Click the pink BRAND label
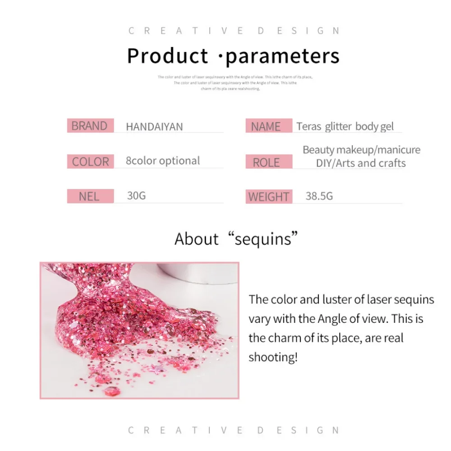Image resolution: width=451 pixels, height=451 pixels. [89, 126]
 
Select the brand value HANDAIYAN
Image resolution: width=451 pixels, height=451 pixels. [154, 127]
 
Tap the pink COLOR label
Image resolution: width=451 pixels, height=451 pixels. [90, 161]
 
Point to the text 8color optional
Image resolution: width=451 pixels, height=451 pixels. [163, 161]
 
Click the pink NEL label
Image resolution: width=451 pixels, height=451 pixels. [89, 197]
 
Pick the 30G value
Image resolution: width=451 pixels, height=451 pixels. [136, 196]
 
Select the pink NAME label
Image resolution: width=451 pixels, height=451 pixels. [266, 127]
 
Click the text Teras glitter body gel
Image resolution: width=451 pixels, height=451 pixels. [345, 126]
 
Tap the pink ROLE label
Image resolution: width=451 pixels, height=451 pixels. [266, 162]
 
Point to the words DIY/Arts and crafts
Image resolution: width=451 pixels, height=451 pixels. [361, 163]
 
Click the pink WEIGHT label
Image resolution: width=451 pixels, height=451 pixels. [268, 197]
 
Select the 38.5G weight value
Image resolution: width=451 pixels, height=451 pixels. [319, 196]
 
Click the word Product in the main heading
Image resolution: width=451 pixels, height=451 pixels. [167, 56]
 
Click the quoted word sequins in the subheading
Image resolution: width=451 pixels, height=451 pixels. [267, 239]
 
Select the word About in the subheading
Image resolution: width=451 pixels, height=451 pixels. [197, 239]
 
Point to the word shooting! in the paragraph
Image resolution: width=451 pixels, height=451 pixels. [273, 357]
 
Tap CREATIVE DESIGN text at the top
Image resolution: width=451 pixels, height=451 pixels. [234, 31]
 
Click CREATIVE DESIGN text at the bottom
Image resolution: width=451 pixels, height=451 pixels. [234, 430]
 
